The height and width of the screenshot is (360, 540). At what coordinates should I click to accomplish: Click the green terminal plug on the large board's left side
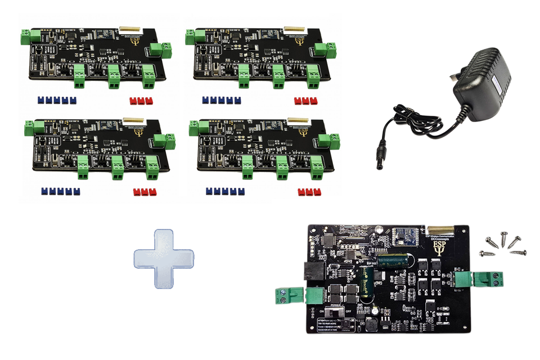(292, 295)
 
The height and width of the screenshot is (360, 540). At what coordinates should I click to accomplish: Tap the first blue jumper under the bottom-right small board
(209, 192)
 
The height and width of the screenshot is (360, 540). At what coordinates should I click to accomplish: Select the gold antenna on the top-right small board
(294, 27)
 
